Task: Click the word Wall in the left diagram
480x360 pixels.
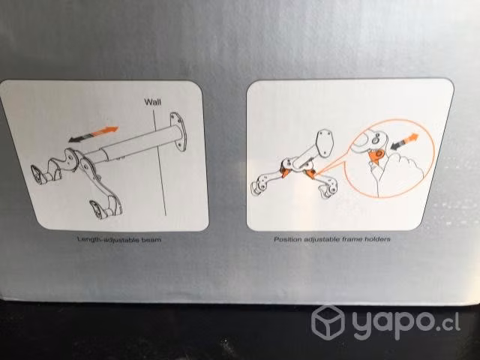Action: (152, 102)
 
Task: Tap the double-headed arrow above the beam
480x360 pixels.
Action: (93, 134)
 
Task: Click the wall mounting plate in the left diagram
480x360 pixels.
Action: (178, 132)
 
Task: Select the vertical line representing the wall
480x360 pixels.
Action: (160, 163)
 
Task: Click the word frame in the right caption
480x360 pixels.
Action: (353, 239)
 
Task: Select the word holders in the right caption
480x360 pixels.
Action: (378, 239)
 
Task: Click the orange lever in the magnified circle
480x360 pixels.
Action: (376, 156)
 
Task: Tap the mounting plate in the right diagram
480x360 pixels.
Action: (325, 142)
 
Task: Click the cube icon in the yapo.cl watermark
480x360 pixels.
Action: (328, 322)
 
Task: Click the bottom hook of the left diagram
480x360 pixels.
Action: (106, 207)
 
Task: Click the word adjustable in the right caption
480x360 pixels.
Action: (322, 239)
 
